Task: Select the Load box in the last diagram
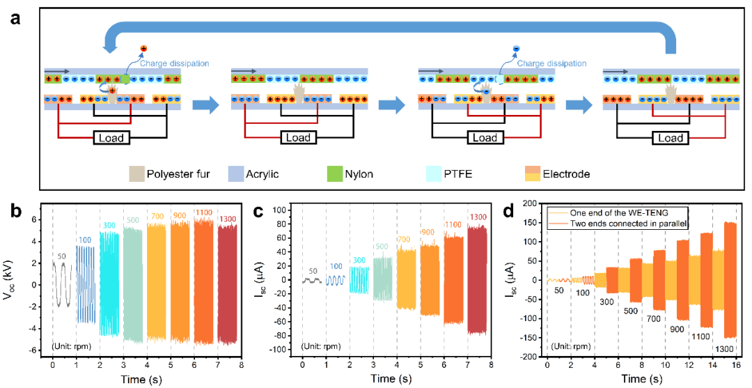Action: [x=671, y=138]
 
